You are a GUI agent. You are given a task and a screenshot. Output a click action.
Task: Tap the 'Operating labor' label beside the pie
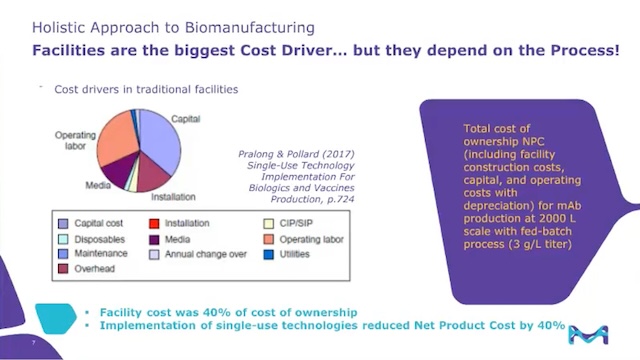coord(75,140)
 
